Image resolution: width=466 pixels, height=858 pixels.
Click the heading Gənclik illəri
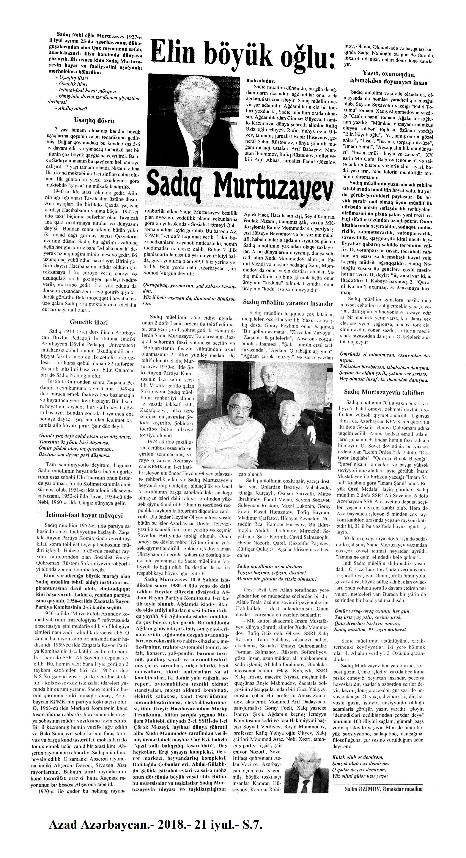(x=89, y=322)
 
